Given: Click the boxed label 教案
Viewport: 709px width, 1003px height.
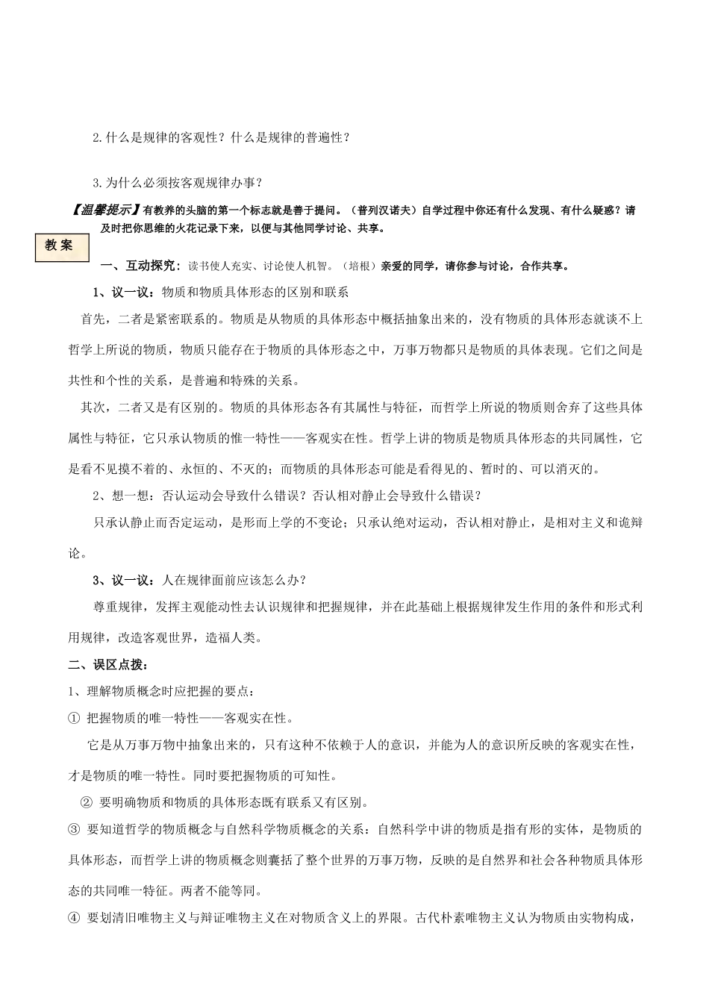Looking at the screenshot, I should pos(60,246).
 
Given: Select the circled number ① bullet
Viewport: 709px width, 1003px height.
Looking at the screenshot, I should pos(73,718).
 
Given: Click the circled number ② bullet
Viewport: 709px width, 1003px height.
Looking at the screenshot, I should pos(85,803).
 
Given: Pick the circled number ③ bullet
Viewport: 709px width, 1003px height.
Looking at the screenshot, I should pos(73,829).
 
